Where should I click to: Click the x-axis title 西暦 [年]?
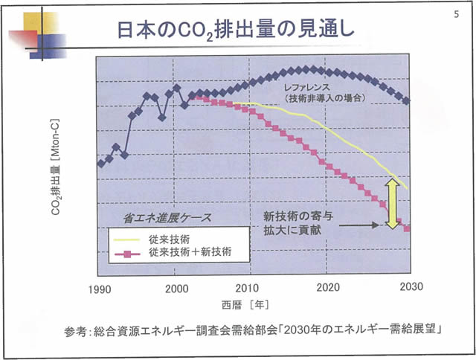click(245, 306)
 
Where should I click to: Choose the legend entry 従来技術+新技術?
click(189, 253)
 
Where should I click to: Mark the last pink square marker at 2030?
click(407, 228)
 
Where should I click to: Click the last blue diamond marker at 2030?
click(407, 100)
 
